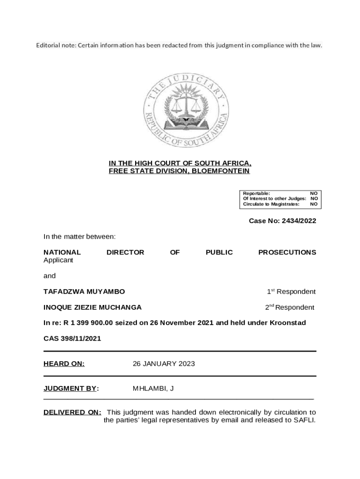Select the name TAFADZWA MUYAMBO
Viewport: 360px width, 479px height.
coord(84,291)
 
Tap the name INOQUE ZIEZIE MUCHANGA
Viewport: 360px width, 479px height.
coord(93,307)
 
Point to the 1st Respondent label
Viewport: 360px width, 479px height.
coord(291,291)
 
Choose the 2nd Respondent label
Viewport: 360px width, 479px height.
coord(290,307)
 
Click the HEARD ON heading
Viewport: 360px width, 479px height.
coord(64,363)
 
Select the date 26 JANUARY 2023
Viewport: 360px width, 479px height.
coord(164,363)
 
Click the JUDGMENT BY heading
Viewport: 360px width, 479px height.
coord(70,388)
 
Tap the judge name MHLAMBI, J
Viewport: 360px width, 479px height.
coord(153,388)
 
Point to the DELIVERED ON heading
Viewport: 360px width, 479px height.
coord(72,412)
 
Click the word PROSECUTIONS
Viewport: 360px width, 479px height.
coord(287,252)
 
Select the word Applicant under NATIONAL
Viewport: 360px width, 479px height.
coord(58,260)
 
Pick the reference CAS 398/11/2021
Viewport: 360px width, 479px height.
coord(72,338)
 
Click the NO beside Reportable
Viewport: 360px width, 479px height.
coord(314,193)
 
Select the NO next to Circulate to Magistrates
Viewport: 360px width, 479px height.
coord(314,204)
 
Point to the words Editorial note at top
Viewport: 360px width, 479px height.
coord(56,45)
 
